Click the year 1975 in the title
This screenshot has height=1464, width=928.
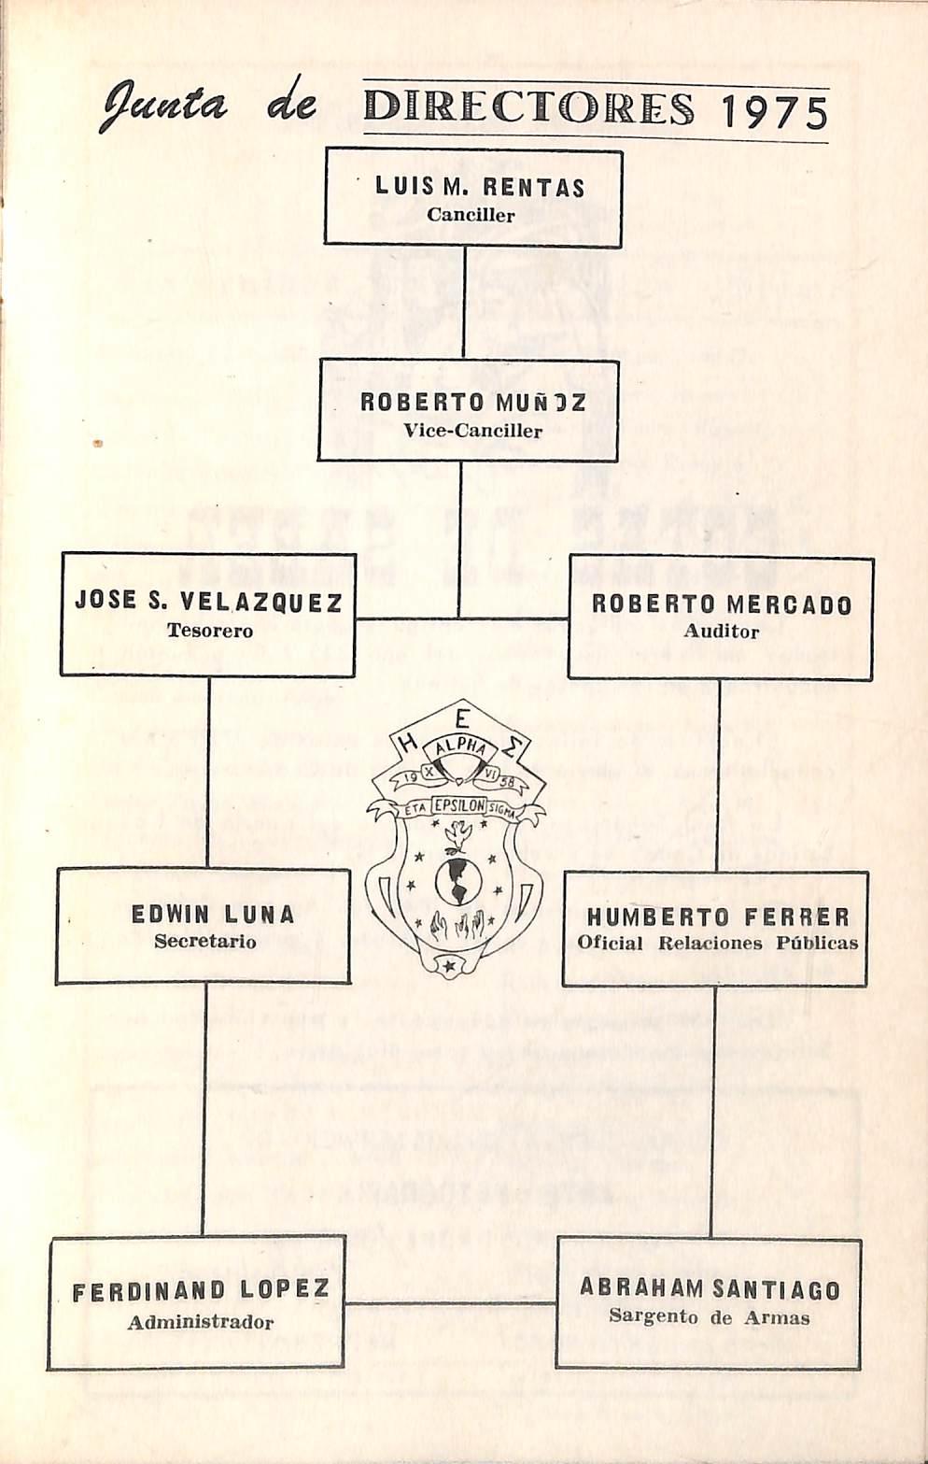tap(775, 112)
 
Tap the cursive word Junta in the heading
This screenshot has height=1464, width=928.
tap(164, 104)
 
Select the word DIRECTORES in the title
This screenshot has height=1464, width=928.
tap(529, 108)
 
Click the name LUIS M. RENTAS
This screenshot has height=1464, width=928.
tap(480, 187)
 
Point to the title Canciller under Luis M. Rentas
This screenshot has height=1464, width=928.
tap(471, 215)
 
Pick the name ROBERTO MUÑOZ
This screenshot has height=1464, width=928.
tap(473, 403)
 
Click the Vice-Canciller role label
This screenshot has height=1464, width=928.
tap(472, 431)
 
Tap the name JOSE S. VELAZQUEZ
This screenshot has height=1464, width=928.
tap(208, 601)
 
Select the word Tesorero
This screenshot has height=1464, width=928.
tap(210, 631)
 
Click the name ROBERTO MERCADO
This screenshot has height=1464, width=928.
tap(722, 604)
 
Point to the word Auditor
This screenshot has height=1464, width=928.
tap(721, 632)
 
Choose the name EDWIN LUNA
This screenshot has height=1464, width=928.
tap(213, 914)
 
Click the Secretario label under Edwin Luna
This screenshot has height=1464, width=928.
tap(205, 942)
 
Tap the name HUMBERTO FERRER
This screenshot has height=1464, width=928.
tap(718, 916)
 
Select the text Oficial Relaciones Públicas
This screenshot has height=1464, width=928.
tap(717, 943)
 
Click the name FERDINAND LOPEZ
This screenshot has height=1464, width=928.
tap(201, 1291)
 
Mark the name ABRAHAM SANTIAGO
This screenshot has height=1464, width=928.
tap(710, 1288)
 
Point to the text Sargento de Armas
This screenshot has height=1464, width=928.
tap(710, 1317)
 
